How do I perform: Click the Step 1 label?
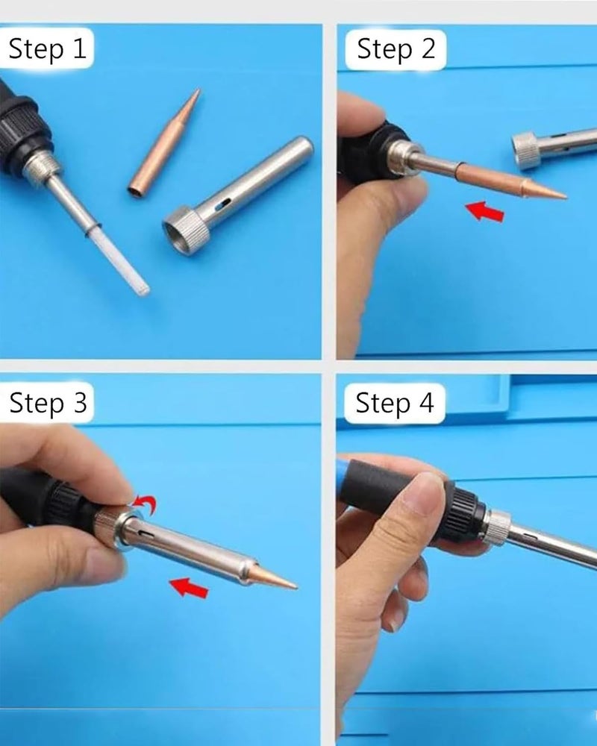pyautogui.click(x=48, y=48)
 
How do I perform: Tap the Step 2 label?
pyautogui.click(x=396, y=49)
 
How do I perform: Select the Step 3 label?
pyautogui.click(x=48, y=403)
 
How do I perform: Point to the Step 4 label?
pyautogui.click(x=395, y=403)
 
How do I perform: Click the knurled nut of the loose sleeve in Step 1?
pyautogui.click(x=186, y=231)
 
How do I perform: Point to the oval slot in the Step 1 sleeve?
pyautogui.click(x=222, y=205)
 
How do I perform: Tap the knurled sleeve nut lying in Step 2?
pyautogui.click(x=526, y=151)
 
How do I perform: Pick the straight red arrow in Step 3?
pyautogui.click(x=189, y=588)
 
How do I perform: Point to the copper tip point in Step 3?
pyautogui.click(x=296, y=587)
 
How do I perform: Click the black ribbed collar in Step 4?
pyautogui.click(x=464, y=513)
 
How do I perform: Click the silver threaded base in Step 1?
pyautogui.click(x=42, y=167)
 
